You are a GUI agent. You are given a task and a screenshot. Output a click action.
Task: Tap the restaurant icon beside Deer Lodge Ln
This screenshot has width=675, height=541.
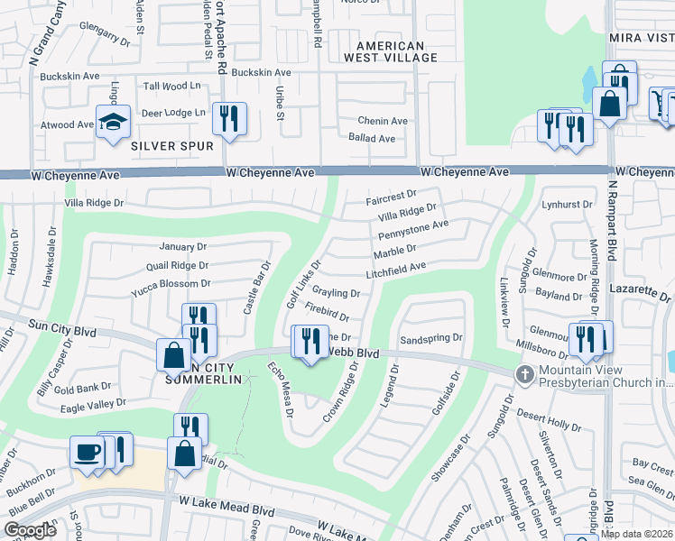[229, 119]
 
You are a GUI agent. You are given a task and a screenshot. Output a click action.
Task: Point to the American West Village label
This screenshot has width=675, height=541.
[389, 51]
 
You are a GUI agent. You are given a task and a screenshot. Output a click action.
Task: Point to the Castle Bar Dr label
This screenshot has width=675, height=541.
[257, 289]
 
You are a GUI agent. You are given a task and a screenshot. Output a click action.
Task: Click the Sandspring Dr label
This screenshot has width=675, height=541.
[430, 338]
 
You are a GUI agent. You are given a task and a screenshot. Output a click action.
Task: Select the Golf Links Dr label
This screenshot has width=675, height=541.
[304, 286]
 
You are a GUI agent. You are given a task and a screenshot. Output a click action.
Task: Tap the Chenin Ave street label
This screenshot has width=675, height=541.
[383, 121]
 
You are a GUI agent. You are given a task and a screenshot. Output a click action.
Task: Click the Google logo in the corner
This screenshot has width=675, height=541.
[31, 529]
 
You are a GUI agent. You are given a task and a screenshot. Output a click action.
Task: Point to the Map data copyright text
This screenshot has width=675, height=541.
[636, 534]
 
